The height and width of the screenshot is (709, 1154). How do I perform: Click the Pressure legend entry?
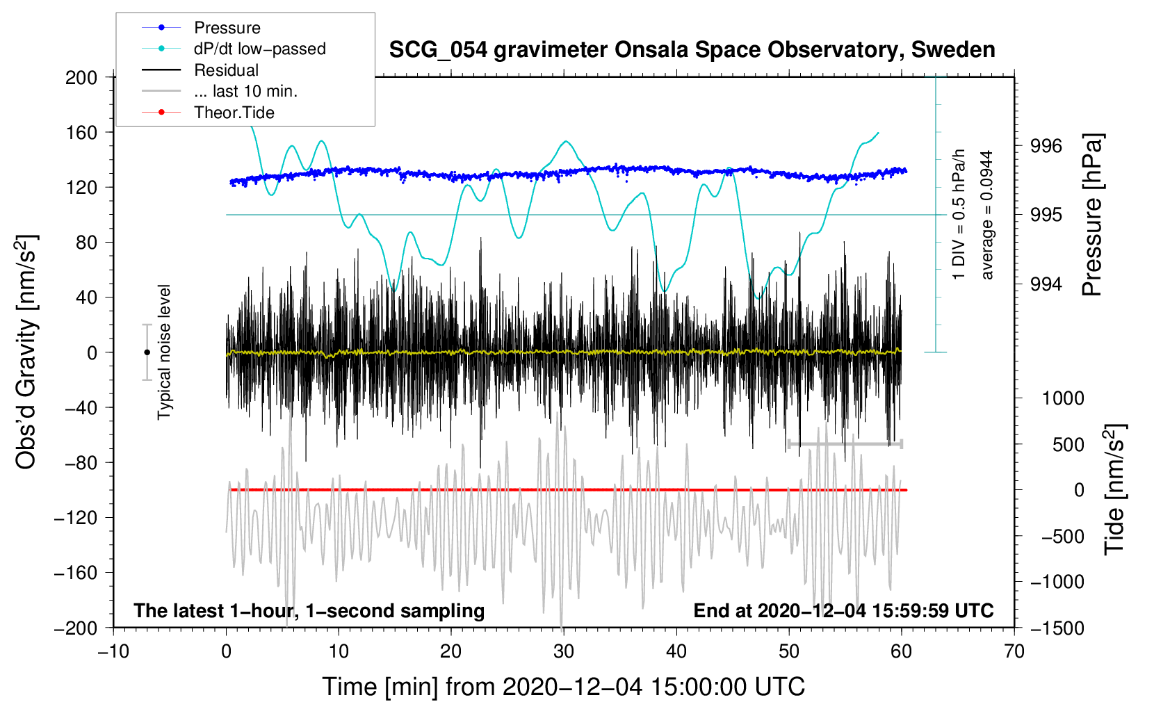[x=227, y=28]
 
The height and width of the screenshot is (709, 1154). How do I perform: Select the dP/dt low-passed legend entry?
[x=259, y=49]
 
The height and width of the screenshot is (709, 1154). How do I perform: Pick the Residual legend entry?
[x=226, y=70]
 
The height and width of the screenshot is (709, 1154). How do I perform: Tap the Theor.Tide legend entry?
[x=234, y=113]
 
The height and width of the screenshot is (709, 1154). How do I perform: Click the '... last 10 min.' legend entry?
[x=245, y=91]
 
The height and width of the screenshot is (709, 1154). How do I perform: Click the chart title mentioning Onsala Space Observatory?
[x=692, y=50]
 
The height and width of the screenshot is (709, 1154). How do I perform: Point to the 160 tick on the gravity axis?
[x=81, y=132]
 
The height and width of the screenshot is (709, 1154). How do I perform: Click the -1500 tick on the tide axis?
[x=1057, y=628]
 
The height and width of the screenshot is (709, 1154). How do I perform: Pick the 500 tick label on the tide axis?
[x=1068, y=444]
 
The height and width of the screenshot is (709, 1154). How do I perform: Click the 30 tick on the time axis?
[x=564, y=651]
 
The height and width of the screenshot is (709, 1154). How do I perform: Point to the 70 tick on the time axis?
[x=1014, y=651]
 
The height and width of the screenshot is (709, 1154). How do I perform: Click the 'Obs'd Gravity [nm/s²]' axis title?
[x=26, y=352]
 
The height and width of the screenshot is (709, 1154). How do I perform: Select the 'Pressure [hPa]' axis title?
[x=1092, y=215]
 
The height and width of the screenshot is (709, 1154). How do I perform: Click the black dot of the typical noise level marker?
[x=147, y=352]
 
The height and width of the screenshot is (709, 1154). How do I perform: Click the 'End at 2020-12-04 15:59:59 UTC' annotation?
[x=843, y=611]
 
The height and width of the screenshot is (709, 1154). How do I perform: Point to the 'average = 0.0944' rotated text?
[x=987, y=215]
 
